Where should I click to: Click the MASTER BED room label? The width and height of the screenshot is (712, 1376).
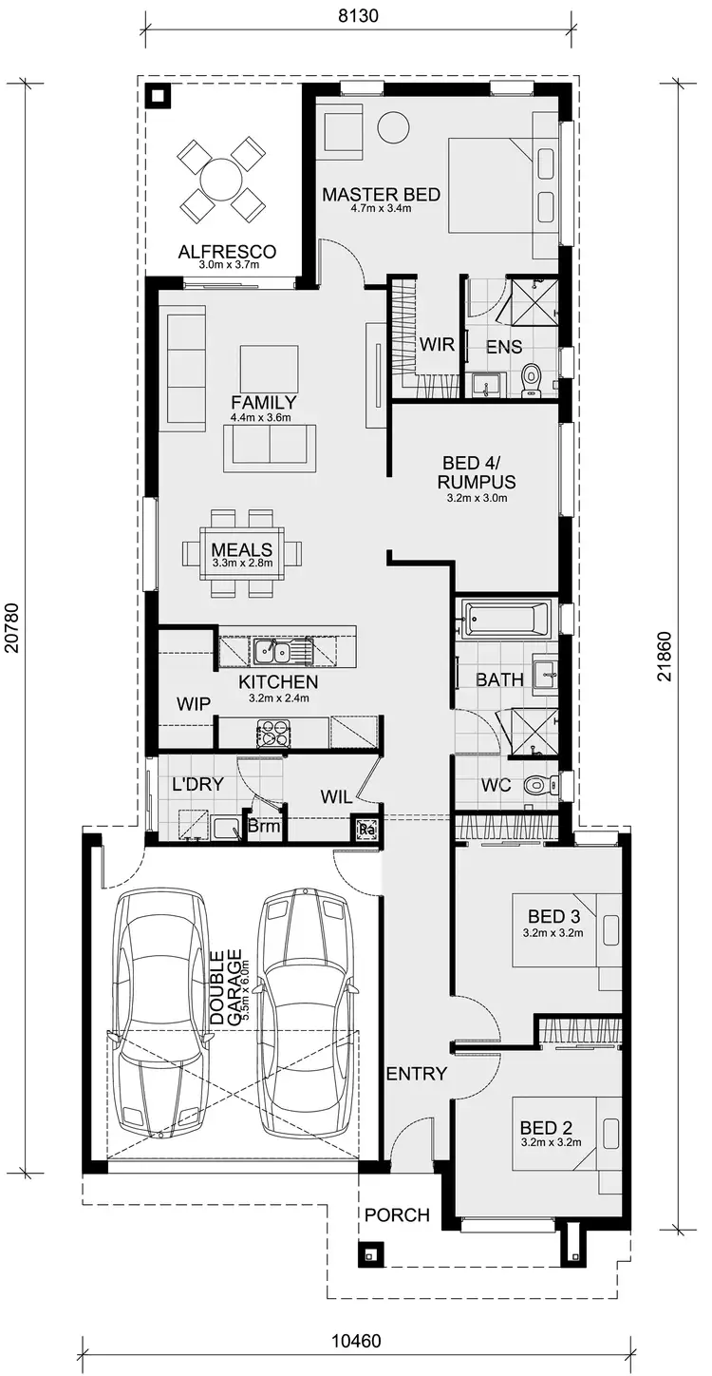click(x=381, y=195)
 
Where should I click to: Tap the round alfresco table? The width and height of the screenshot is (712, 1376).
click(x=221, y=178)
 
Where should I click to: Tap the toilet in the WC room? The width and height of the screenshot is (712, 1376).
click(x=540, y=785)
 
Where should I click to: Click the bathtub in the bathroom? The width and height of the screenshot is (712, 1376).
click(x=505, y=619)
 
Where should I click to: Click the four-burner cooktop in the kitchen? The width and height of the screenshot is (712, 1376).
click(x=272, y=733)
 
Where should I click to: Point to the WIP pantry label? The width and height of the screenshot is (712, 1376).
click(x=194, y=703)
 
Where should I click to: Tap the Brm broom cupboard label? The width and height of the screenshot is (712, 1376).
click(x=264, y=828)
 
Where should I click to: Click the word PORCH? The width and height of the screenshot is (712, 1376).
click(x=397, y=1214)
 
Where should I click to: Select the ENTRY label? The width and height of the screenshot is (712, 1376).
click(x=416, y=1074)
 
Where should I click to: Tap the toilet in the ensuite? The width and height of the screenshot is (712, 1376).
click(x=532, y=376)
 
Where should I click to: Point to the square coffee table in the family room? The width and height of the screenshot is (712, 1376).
click(x=269, y=368)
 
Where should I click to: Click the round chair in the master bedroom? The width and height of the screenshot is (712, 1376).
click(x=392, y=126)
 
